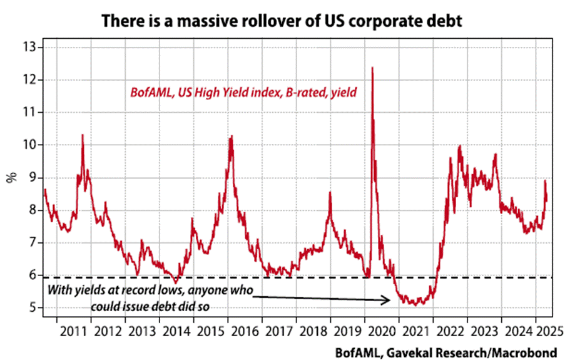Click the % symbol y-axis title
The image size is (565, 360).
[x=11, y=177]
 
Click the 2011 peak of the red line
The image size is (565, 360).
[x=82, y=135]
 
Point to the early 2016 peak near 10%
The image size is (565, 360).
[x=231, y=136]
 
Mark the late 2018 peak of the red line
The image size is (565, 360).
[x=330, y=193]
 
